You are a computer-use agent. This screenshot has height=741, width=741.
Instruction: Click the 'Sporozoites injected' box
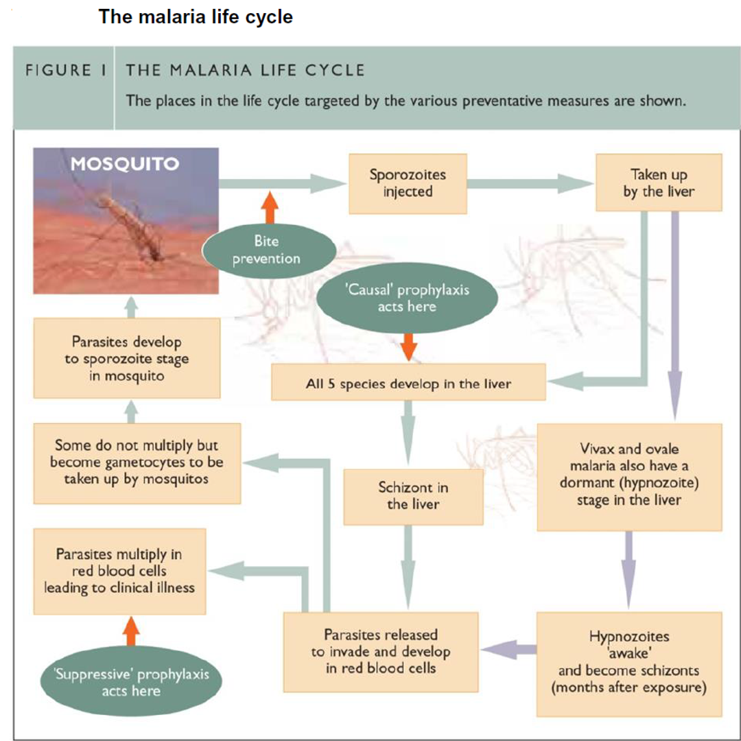(x=408, y=183)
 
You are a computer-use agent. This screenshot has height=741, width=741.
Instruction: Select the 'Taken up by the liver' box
(x=658, y=183)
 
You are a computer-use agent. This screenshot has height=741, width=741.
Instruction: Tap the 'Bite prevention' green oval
(x=267, y=250)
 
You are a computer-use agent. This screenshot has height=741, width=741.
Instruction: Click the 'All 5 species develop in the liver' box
(x=408, y=384)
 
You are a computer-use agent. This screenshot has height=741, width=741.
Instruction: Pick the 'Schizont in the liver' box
(x=413, y=495)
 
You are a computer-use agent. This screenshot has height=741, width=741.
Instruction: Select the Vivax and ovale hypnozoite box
(x=629, y=475)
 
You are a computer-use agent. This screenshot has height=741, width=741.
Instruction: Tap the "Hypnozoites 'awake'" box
(x=628, y=661)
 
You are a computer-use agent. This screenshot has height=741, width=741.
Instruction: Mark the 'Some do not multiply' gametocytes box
(x=137, y=462)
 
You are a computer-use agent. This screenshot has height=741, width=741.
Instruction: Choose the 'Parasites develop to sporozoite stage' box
(x=127, y=357)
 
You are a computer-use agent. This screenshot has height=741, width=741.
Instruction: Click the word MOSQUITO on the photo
(x=124, y=164)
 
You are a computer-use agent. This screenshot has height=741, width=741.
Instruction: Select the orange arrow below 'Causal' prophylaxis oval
(x=408, y=346)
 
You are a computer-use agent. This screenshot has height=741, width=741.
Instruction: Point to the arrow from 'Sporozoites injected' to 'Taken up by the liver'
(x=530, y=183)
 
